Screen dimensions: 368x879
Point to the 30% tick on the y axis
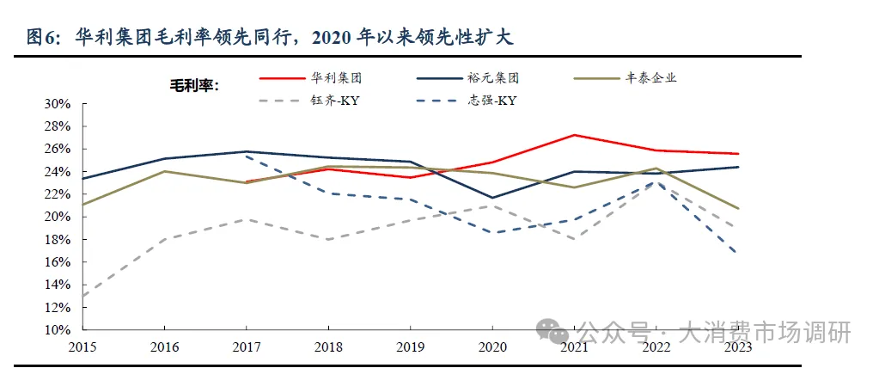[58, 103]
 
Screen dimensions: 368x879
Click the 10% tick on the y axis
[58, 330]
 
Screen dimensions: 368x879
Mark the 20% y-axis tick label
[58, 217]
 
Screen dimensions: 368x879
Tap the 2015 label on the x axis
[82, 347]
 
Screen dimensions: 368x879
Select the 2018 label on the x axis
[328, 347]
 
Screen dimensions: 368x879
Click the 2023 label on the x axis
[738, 347]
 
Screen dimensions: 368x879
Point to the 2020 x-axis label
[492, 347]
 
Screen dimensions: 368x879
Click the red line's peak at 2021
[574, 135]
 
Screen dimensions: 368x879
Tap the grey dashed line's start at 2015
[82, 296]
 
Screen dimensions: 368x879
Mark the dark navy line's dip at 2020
[492, 198]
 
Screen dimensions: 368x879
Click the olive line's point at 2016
[164, 171]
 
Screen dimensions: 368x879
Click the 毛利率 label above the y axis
[193, 85]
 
